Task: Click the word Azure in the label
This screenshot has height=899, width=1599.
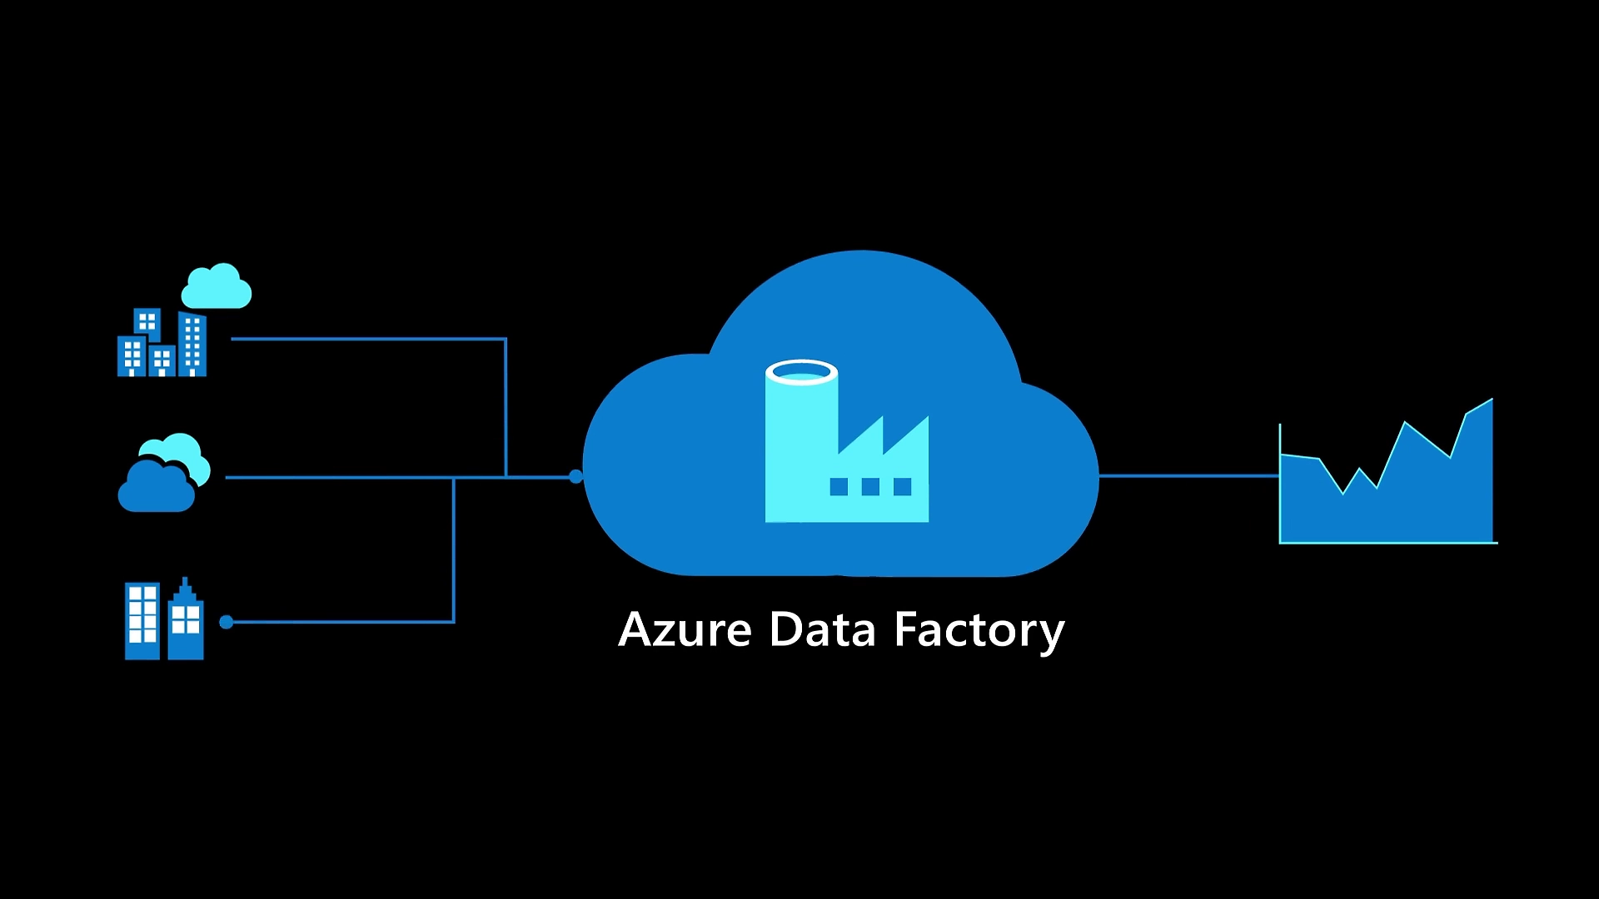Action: pos(685,630)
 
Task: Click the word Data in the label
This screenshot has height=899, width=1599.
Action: pos(822,630)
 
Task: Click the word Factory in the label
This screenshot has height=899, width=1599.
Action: pos(979,630)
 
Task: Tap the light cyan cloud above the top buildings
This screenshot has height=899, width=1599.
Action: pos(217,288)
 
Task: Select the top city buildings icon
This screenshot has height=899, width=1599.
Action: pos(162,344)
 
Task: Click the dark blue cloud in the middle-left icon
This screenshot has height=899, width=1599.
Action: pos(156,489)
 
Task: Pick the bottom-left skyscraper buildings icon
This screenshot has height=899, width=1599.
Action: pos(164,621)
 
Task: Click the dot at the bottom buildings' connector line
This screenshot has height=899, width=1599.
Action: pos(226,622)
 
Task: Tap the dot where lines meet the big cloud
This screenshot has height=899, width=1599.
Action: pos(575,477)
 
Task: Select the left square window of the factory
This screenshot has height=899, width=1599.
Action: pos(839,487)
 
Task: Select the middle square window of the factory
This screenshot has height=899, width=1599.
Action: pos(870,487)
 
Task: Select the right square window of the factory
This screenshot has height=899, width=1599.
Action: pos(902,487)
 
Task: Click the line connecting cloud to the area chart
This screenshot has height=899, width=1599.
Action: pos(1188,476)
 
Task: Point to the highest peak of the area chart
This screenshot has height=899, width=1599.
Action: pos(1490,402)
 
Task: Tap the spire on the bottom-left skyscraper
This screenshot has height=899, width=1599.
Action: pos(185,583)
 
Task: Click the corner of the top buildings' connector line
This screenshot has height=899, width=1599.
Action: pos(506,339)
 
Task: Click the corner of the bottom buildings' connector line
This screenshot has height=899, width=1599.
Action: pos(454,622)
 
